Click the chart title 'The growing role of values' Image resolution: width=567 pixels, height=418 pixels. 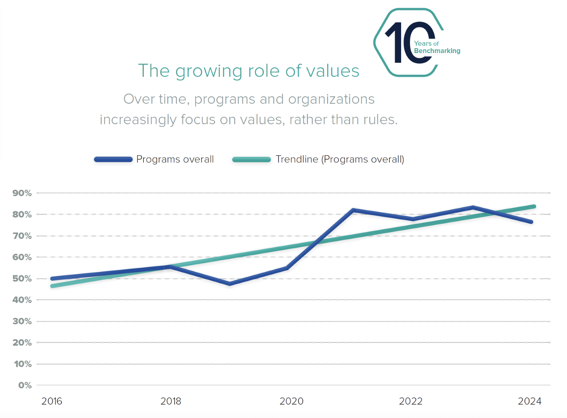point(248,71)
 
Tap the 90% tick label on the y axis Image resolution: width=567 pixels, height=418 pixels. point(22,193)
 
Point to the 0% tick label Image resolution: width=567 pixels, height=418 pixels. point(25,385)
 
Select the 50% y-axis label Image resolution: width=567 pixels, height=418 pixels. point(22,279)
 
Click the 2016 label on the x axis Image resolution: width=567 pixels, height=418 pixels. point(52,401)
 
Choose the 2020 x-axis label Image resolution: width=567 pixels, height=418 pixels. point(291,401)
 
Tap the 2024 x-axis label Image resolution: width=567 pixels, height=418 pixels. point(529,401)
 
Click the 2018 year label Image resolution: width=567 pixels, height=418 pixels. point(171,401)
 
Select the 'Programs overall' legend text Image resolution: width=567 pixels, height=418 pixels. point(175,159)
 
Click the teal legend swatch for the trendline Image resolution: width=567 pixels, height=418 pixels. point(251,160)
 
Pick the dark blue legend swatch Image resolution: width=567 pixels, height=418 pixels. point(113,160)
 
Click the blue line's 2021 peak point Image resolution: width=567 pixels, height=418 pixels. point(353,210)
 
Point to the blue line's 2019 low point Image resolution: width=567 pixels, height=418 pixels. point(230,284)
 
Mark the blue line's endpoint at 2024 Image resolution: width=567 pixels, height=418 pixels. point(531,222)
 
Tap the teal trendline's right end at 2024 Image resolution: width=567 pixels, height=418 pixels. point(534,206)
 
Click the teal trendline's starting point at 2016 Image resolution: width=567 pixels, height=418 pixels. point(52,286)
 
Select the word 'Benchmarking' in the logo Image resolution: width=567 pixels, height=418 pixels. point(437,51)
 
